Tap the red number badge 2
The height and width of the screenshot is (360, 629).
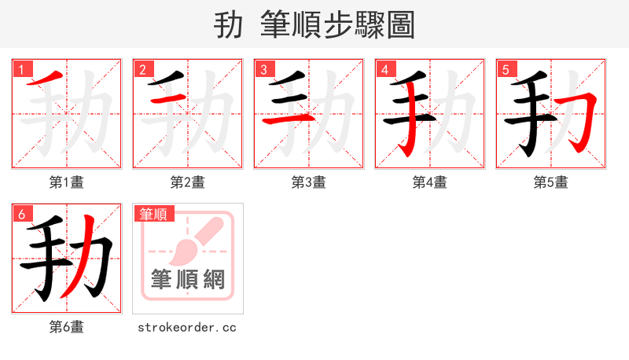coord(142,70)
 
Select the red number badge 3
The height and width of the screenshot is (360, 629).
coord(263,70)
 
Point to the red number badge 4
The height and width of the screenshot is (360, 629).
coord(384,70)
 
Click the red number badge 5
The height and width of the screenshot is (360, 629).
coord(506,70)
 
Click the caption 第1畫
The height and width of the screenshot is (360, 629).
coord(66,182)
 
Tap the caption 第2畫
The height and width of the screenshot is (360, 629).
coord(187,182)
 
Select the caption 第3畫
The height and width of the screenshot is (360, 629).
coord(308,182)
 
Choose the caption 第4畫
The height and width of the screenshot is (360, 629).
coord(429,182)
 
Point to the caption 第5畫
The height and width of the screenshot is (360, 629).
coord(550,182)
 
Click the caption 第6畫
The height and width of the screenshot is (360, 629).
coord(66,327)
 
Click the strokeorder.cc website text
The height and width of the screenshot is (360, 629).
coord(187,327)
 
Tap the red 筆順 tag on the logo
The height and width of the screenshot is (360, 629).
coord(154,214)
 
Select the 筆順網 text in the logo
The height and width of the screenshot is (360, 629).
coord(188,280)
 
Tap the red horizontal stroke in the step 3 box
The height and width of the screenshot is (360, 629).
coord(287,119)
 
